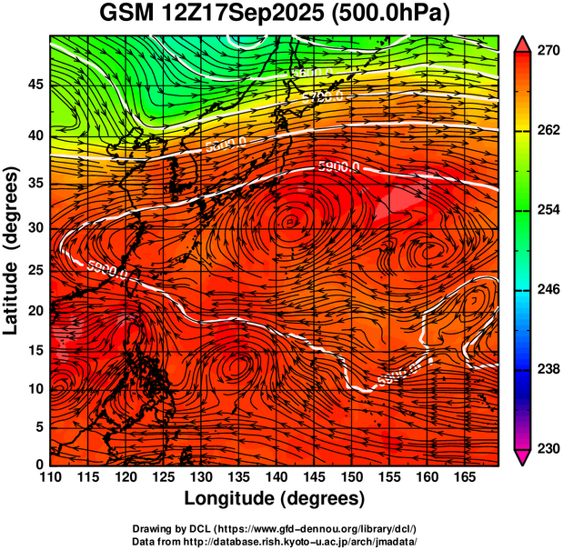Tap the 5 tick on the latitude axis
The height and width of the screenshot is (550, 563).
click(x=38, y=427)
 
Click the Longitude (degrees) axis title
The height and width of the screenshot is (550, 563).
click(x=275, y=498)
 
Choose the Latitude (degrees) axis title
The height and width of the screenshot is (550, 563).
click(x=13, y=250)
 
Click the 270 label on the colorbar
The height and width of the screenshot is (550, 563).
click(x=542, y=52)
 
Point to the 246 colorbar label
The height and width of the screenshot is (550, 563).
click(x=542, y=290)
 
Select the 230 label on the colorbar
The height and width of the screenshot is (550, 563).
click(x=542, y=448)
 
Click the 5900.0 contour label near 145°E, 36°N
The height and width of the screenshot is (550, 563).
click(x=338, y=166)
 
